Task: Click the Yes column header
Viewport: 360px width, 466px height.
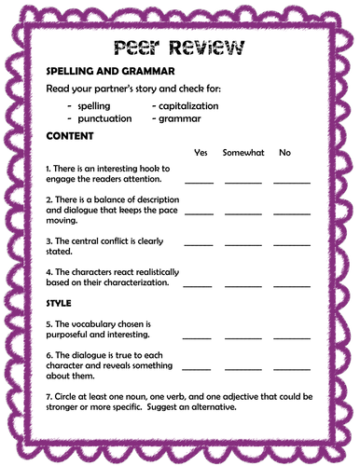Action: pos(200,152)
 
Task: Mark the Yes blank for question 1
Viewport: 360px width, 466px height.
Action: pos(200,181)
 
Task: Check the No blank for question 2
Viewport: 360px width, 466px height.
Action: pos(292,213)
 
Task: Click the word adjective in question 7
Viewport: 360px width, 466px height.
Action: pos(233,396)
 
